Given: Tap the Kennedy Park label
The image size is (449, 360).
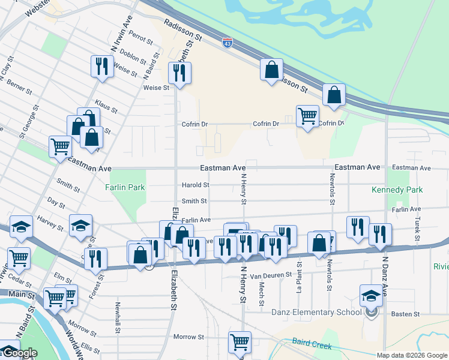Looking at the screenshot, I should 397,190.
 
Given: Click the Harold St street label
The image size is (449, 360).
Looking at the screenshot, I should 195,185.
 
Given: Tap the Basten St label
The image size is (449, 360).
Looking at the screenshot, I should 406,314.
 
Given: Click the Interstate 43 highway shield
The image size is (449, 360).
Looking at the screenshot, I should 227,43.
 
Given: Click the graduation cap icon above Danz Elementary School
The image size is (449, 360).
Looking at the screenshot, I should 371,295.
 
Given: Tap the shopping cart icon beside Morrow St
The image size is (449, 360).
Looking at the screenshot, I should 240,341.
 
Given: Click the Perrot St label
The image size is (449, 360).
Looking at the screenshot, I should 140,38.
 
